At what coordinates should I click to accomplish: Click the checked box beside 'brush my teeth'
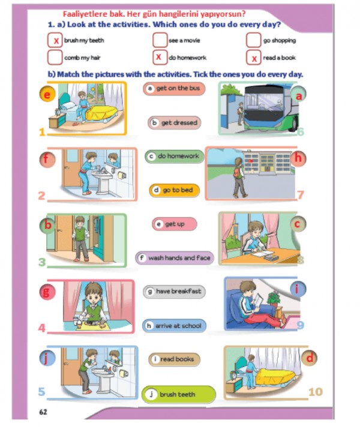(55, 40)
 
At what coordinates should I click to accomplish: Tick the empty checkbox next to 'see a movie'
(160, 40)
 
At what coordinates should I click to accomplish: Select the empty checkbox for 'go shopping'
(254, 40)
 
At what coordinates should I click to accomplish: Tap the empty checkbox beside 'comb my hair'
(55, 58)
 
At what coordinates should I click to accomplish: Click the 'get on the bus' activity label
(174, 88)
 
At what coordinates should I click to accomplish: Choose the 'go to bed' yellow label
(175, 190)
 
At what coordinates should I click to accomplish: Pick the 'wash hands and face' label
(175, 258)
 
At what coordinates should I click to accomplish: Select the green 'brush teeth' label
(178, 394)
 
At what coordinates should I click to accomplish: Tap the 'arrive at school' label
(175, 326)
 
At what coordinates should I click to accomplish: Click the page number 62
(43, 412)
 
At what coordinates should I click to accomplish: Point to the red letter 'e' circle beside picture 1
(47, 94)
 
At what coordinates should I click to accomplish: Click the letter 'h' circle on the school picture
(298, 158)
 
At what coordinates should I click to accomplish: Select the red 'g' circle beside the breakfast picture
(47, 292)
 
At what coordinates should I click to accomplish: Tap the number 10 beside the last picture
(316, 391)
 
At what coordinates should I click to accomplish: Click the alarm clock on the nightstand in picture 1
(58, 112)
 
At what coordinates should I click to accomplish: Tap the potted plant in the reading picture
(274, 299)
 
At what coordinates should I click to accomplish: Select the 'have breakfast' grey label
(175, 292)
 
